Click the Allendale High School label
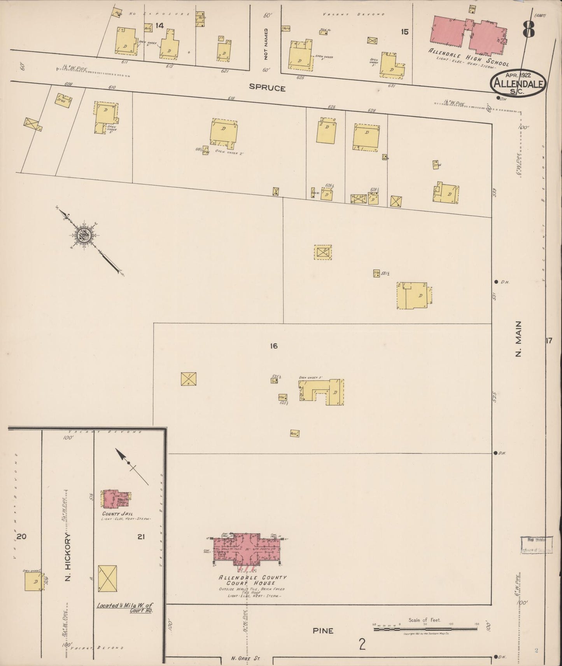pyautogui.click(x=468, y=56)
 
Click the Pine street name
pyautogui.click(x=323, y=631)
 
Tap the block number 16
pyautogui.click(x=274, y=345)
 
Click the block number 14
pyautogui.click(x=159, y=26)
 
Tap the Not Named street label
pyautogui.click(x=266, y=44)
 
